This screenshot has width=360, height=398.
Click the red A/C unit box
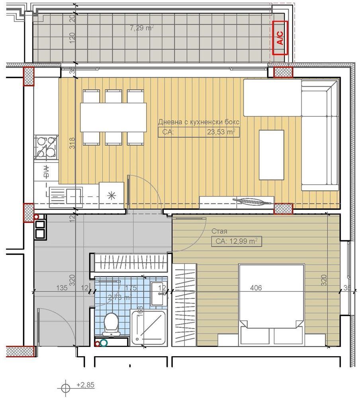[280, 37]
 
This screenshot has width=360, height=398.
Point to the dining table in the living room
[113, 117]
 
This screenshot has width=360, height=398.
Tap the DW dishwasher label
[46, 171]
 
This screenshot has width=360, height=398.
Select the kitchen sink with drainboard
[66, 195]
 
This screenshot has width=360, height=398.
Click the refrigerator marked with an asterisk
[112, 195]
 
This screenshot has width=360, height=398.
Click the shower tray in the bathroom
[149, 328]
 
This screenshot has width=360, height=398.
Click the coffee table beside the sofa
[272, 155]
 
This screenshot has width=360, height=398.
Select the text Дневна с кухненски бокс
[198, 122]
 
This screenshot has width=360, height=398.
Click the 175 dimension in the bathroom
[131, 288]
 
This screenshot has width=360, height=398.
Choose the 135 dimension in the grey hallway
[60, 288]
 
